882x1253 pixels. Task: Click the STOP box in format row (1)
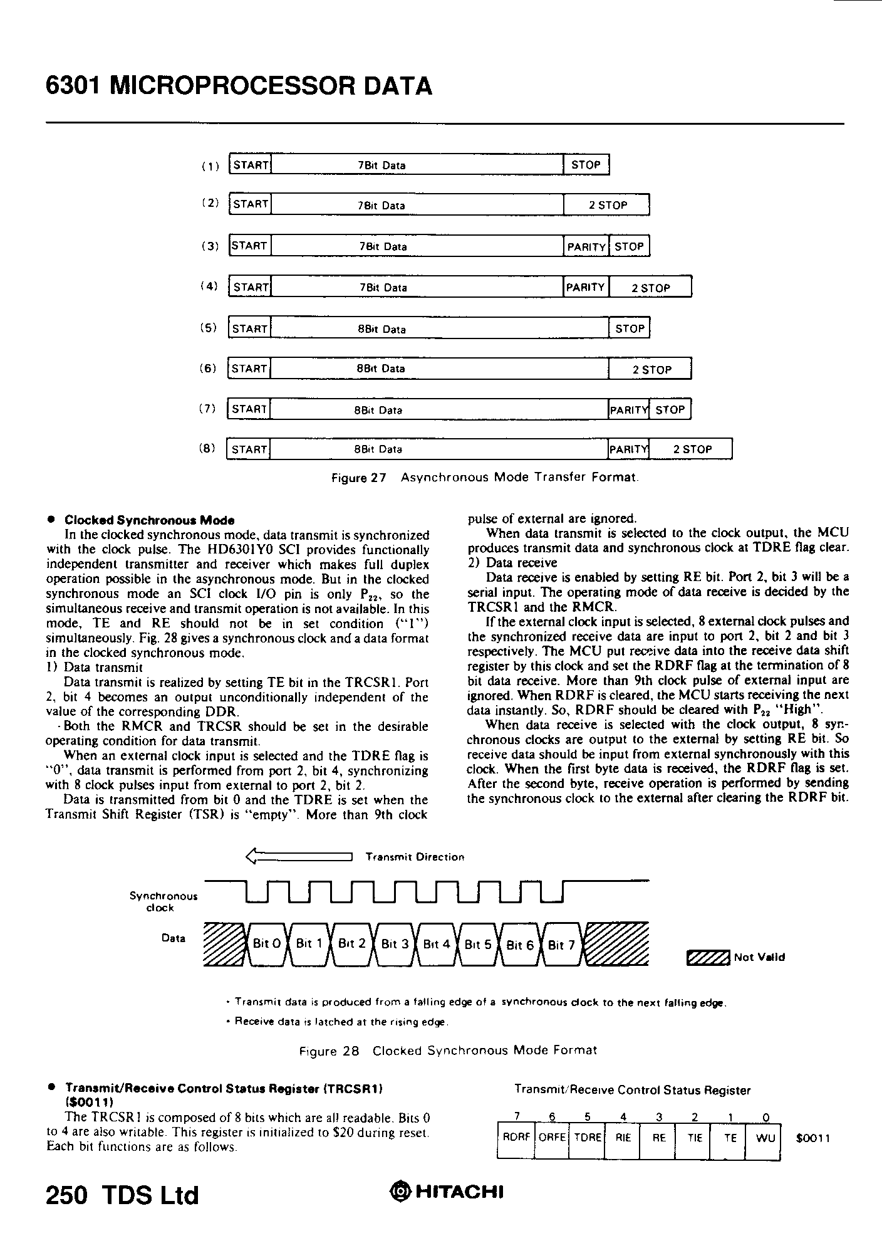click(x=586, y=165)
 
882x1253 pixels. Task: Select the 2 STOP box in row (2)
click(x=606, y=205)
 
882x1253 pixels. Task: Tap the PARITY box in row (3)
click(x=586, y=246)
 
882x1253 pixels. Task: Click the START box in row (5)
click(x=249, y=328)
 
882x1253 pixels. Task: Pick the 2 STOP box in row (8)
click(x=691, y=449)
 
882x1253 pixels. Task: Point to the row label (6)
click(x=207, y=369)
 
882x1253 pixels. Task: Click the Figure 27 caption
click(x=485, y=478)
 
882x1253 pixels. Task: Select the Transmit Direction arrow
click(x=299, y=856)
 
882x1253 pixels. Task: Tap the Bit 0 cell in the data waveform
click(x=266, y=944)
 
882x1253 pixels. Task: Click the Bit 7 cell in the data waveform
click(x=561, y=945)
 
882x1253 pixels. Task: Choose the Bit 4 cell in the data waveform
click(x=437, y=944)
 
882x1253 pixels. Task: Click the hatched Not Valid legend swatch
click(x=708, y=957)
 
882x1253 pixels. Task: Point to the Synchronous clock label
click(x=163, y=901)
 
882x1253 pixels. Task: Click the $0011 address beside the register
click(x=812, y=1138)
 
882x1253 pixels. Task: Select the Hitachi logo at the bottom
click(x=447, y=1192)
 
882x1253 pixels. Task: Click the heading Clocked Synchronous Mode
click(x=149, y=520)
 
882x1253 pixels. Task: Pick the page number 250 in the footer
click(x=66, y=1195)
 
